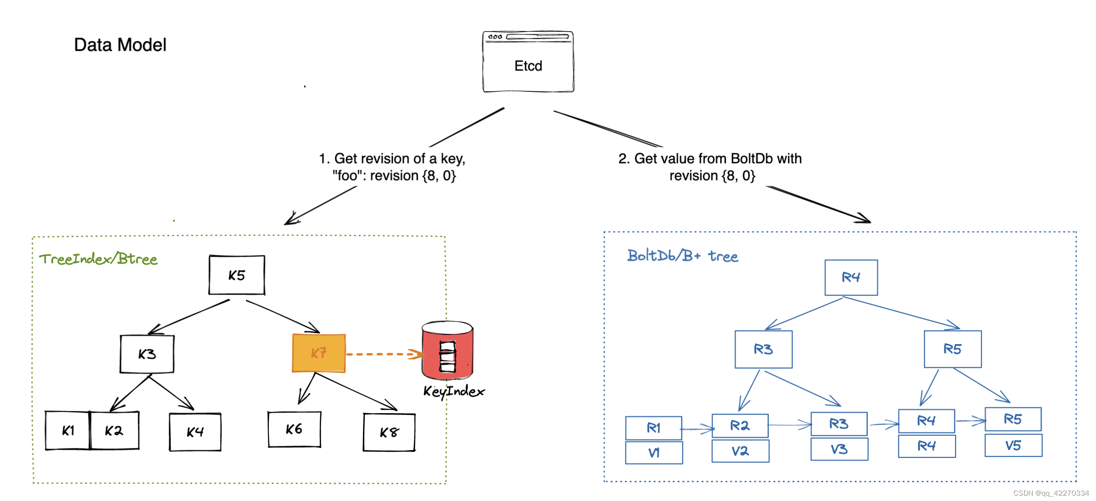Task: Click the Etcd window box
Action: (x=528, y=62)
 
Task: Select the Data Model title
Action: (x=120, y=45)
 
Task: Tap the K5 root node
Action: (x=237, y=275)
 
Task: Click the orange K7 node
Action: (x=318, y=353)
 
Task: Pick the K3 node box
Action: (x=147, y=354)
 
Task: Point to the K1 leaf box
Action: (x=68, y=431)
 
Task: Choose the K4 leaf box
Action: (x=195, y=432)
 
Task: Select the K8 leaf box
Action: (x=389, y=432)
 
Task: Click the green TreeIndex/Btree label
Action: (x=98, y=259)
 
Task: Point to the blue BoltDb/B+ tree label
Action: (x=682, y=256)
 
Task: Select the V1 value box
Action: (x=654, y=453)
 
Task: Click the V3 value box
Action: (x=839, y=449)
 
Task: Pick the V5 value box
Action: (x=1013, y=446)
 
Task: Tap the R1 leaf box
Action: (x=653, y=428)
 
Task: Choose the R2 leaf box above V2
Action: (x=740, y=426)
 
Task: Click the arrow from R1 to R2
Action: (x=697, y=429)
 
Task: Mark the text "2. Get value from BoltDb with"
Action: (x=710, y=159)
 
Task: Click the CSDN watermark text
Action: (x=1051, y=493)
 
